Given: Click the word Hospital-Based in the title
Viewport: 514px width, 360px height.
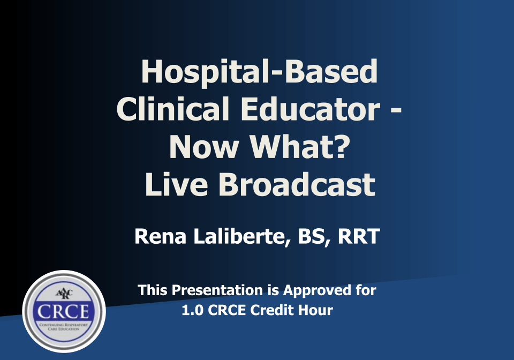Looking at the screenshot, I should [x=259, y=72].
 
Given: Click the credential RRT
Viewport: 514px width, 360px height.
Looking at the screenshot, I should [x=358, y=236].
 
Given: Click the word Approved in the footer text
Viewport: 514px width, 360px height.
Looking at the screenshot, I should [x=314, y=290].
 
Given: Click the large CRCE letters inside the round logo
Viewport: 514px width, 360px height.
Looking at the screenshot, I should [x=64, y=312].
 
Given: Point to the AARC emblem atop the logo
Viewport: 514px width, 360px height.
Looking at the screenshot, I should [x=63, y=294].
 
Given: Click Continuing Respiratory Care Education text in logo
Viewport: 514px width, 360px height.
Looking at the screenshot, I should [x=64, y=327].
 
